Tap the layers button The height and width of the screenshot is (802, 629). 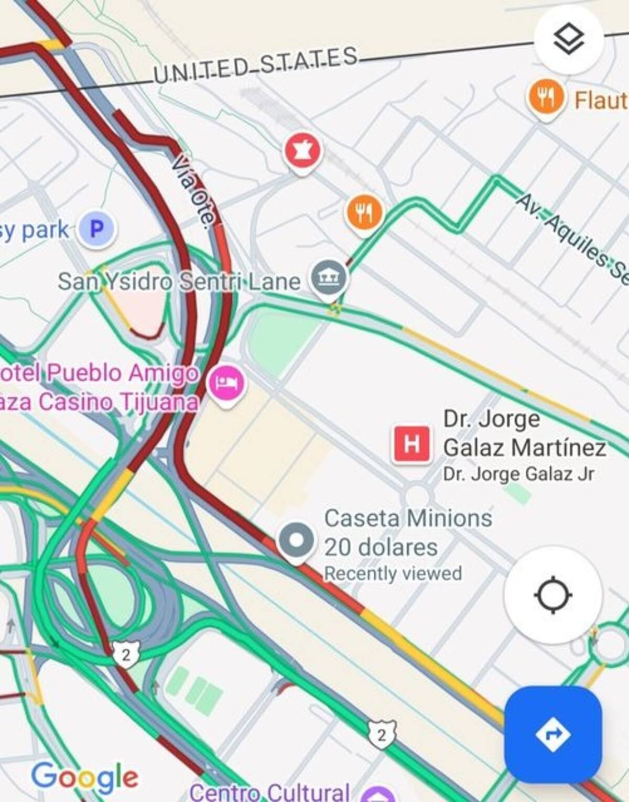(569, 40)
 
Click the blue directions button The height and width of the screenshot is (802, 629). (553, 734)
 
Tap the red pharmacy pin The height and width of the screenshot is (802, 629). (302, 151)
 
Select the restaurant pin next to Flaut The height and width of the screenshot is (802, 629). (546, 97)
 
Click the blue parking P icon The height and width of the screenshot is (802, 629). (96, 229)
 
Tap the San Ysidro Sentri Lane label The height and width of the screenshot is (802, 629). (179, 281)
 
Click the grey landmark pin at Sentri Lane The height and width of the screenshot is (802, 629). (329, 278)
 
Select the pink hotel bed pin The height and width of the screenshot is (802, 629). (226, 382)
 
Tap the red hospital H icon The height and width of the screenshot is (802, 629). (412, 445)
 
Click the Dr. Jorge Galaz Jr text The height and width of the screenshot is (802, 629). (518, 474)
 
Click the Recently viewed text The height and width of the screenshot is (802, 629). (393, 573)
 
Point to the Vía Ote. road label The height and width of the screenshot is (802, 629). (194, 192)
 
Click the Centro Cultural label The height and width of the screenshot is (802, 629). (270, 792)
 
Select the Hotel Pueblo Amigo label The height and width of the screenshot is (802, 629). (100, 374)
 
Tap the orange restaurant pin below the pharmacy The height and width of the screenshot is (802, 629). (364, 212)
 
